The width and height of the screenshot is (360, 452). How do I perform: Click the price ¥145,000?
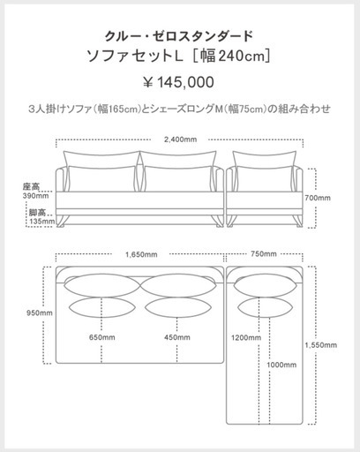coord(178,82)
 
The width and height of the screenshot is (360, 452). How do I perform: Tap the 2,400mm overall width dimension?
coord(180,139)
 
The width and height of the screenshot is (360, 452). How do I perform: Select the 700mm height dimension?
coord(318,198)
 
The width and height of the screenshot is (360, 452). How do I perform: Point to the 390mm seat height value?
coord(35,196)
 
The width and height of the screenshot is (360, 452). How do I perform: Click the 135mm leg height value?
coord(41,221)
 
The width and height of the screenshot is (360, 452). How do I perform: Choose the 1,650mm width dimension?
coord(141,254)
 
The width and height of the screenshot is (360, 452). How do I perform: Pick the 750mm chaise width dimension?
coord(264,253)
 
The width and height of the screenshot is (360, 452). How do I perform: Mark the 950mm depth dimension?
coord(40,313)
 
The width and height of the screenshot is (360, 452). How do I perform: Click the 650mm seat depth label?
coord(102,337)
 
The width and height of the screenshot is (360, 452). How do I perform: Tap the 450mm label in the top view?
coord(177,337)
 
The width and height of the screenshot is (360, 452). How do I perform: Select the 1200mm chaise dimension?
coord(246,337)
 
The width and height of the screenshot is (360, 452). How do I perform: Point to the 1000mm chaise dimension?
coord(281,365)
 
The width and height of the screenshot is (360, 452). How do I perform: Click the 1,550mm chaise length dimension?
coord(321,345)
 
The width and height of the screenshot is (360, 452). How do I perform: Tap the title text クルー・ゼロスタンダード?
coord(179,36)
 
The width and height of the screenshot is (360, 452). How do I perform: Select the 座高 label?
coord(31,186)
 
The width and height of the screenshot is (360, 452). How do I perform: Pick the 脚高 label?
coord(37,213)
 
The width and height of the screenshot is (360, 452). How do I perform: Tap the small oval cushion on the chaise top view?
coord(265,307)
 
